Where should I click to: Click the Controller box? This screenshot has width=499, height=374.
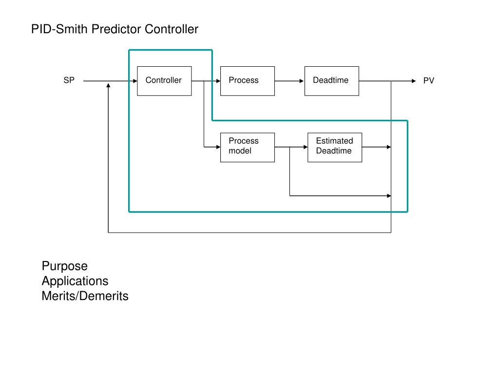click(164, 81)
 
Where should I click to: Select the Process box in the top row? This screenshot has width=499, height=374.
click(247, 81)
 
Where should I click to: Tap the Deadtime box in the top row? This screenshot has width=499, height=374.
click(331, 81)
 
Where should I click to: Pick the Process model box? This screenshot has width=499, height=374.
click(247, 147)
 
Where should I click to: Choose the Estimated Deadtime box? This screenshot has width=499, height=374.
click(334, 147)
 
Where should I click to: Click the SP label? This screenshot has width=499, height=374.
click(69, 80)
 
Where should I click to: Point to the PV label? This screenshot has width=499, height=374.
click(428, 81)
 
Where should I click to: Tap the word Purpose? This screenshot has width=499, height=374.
click(65, 266)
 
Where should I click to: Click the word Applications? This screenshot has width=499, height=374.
click(75, 281)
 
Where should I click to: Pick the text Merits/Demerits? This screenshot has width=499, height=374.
click(85, 296)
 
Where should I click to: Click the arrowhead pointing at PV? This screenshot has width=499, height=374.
click(414, 81)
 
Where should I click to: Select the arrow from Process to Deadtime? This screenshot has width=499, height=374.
click(289, 81)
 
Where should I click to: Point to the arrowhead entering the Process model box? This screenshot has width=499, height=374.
click(218, 147)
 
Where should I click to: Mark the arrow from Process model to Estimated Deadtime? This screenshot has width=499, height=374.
click(291, 147)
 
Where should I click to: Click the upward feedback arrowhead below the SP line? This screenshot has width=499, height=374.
click(108, 86)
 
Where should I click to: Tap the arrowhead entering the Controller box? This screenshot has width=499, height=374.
click(135, 81)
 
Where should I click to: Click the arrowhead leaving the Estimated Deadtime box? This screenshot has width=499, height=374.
click(388, 147)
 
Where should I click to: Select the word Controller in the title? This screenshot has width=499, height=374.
click(172, 29)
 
